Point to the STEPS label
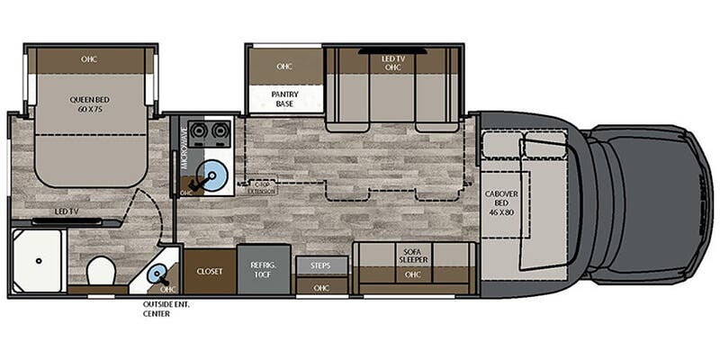pyautogui.click(x=321, y=265)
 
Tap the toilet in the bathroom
pyautogui.click(x=100, y=269)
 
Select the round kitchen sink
pyautogui.click(x=214, y=171)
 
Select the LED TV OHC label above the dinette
pyautogui.click(x=392, y=62)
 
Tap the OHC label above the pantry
pyautogui.click(x=285, y=66)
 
